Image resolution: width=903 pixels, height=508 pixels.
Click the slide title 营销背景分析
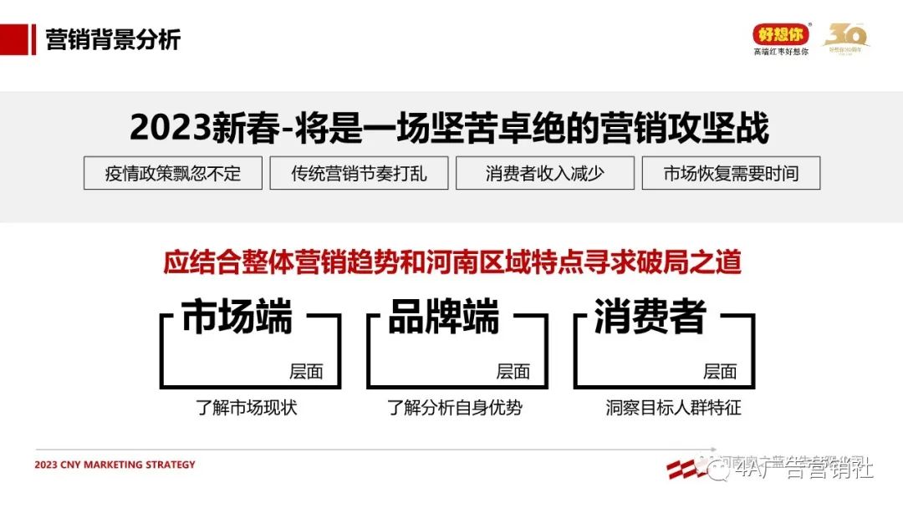click(113, 39)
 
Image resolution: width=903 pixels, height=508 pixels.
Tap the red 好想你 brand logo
click(781, 33)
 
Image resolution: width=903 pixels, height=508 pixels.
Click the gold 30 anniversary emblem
click(846, 37)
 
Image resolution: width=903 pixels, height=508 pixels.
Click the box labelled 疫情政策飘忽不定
click(173, 173)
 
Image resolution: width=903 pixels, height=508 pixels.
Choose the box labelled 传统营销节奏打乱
click(359, 173)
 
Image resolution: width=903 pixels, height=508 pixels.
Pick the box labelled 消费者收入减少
click(544, 173)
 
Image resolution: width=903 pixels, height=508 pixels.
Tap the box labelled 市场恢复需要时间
click(731, 173)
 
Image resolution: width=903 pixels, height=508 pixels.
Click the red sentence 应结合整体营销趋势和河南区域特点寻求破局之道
click(452, 262)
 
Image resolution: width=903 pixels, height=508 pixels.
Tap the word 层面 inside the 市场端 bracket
click(306, 372)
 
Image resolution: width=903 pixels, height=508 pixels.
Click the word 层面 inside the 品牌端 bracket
click(513, 372)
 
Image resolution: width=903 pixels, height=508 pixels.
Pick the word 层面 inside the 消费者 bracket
click(720, 372)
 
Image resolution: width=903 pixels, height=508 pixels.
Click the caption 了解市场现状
click(247, 408)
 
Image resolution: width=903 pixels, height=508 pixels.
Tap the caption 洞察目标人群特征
click(673, 408)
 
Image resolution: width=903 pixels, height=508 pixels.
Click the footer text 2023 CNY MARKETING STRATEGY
click(115, 465)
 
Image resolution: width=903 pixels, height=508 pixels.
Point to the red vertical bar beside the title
click(33, 39)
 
